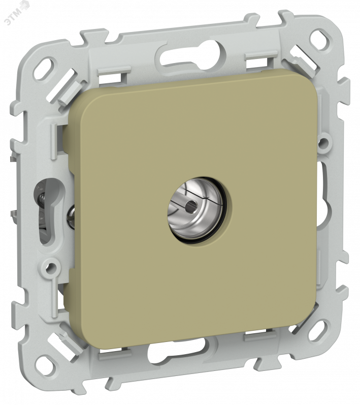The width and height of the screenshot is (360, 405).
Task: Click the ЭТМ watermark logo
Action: [17, 12]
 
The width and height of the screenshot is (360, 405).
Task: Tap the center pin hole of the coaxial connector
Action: [191, 205]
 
